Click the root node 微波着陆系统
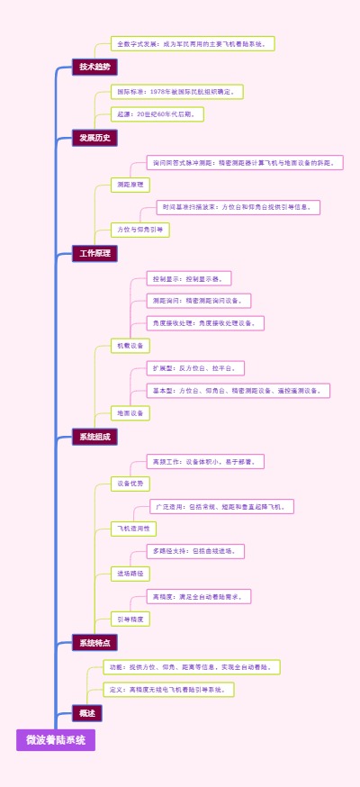[55, 740]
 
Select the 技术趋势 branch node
[94, 67]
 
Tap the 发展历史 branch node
[94, 138]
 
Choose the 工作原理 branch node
[94, 253]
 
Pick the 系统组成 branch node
[94, 437]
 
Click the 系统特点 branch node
[94, 643]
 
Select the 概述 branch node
[87, 712]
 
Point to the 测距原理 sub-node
[130, 185]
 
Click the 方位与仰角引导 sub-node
[139, 230]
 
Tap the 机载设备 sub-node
[130, 345]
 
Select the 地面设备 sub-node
[130, 413]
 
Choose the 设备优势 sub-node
[130, 484]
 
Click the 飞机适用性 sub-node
[133, 528]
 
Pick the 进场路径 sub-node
[130, 574]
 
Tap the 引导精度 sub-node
[130, 619]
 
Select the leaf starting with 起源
[157, 114]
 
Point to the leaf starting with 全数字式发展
[193, 43]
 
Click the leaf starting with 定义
[168, 690]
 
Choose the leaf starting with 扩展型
[196, 368]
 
